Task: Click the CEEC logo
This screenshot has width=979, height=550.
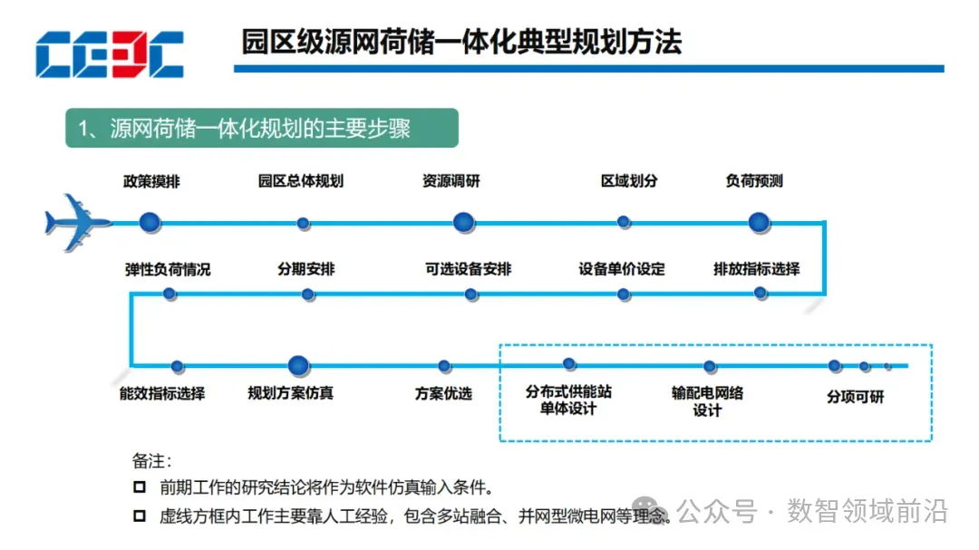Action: point(110,54)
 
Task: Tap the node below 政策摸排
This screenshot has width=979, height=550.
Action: point(150,222)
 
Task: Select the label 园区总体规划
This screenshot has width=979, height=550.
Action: point(301,181)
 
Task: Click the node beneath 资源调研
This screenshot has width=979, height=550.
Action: point(464,222)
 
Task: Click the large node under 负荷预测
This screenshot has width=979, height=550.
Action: point(760,222)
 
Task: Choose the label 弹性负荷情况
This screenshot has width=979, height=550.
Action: point(168,269)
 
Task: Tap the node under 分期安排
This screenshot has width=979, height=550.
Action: point(308,294)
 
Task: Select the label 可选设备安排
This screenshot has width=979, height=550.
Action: point(469,269)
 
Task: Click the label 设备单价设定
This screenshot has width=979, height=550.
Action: point(622,269)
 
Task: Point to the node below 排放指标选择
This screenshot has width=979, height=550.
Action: point(761,293)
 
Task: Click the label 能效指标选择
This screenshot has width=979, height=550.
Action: point(162,393)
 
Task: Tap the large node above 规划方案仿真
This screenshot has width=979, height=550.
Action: point(299,366)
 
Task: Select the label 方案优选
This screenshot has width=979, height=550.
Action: point(443,393)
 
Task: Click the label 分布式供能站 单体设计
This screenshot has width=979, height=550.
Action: point(568,400)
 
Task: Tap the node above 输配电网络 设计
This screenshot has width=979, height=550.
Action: point(709,366)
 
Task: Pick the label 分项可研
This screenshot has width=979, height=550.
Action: point(854,397)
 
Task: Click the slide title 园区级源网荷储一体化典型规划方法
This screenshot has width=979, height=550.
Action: point(461,42)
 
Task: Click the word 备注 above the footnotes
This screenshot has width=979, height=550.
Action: point(151,460)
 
